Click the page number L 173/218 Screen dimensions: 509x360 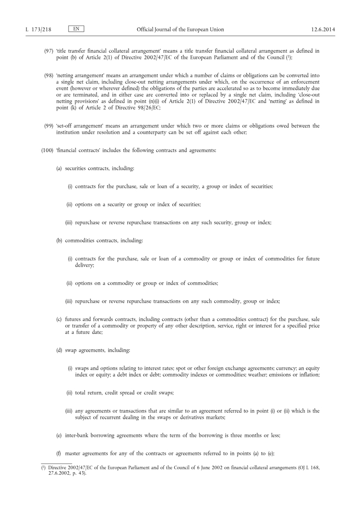(38, 30)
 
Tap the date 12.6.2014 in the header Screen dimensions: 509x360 (323, 30)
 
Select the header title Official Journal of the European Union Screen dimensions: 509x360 (180, 30)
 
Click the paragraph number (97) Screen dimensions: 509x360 (48, 51)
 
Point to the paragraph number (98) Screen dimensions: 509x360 (48, 76)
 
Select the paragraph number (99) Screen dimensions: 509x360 (48, 126)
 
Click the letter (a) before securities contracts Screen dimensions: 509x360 (59, 168)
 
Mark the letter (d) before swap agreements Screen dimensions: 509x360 (59, 350)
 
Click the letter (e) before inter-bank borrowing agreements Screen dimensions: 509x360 (59, 435)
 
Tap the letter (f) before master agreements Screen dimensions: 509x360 (59, 453)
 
